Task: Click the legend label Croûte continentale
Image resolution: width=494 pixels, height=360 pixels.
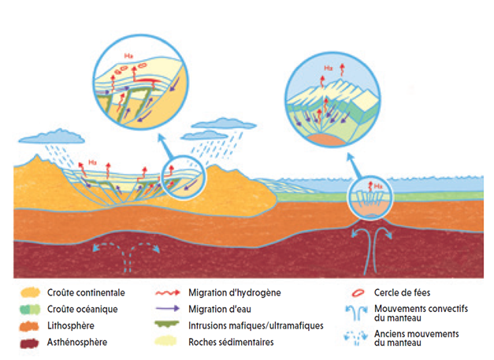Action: tap(86, 293)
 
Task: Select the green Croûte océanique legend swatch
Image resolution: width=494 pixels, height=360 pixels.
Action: tap(30, 310)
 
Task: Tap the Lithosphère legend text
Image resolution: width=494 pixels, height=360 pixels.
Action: tap(71, 325)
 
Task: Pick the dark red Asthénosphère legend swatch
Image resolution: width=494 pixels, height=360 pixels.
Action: tap(29, 343)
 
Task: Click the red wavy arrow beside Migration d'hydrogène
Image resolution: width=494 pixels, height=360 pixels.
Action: tap(168, 293)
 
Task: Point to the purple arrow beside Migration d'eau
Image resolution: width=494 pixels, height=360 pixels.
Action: tap(168, 309)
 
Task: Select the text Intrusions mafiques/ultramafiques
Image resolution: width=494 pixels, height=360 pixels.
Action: tap(256, 325)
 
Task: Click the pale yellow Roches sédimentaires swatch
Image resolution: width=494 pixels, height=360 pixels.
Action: tap(165, 342)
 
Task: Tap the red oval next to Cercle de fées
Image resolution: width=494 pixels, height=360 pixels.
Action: tap(358, 293)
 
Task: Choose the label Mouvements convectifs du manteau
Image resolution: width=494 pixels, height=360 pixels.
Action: tap(421, 313)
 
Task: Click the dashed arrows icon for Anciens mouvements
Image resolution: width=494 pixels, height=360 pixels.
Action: tap(356, 338)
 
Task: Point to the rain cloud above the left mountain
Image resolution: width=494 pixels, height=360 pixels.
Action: tap(52, 136)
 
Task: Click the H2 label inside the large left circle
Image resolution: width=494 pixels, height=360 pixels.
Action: tap(128, 56)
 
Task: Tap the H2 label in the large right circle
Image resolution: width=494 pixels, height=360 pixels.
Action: tap(328, 68)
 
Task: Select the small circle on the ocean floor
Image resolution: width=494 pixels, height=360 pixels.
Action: tap(370, 198)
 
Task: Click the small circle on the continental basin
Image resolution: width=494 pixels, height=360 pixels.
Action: tap(183, 177)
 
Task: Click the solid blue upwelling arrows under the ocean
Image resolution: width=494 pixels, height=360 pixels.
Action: tap(371, 251)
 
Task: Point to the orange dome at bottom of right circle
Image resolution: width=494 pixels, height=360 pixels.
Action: tap(327, 140)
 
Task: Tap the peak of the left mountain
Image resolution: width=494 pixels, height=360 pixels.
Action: tap(38, 154)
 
